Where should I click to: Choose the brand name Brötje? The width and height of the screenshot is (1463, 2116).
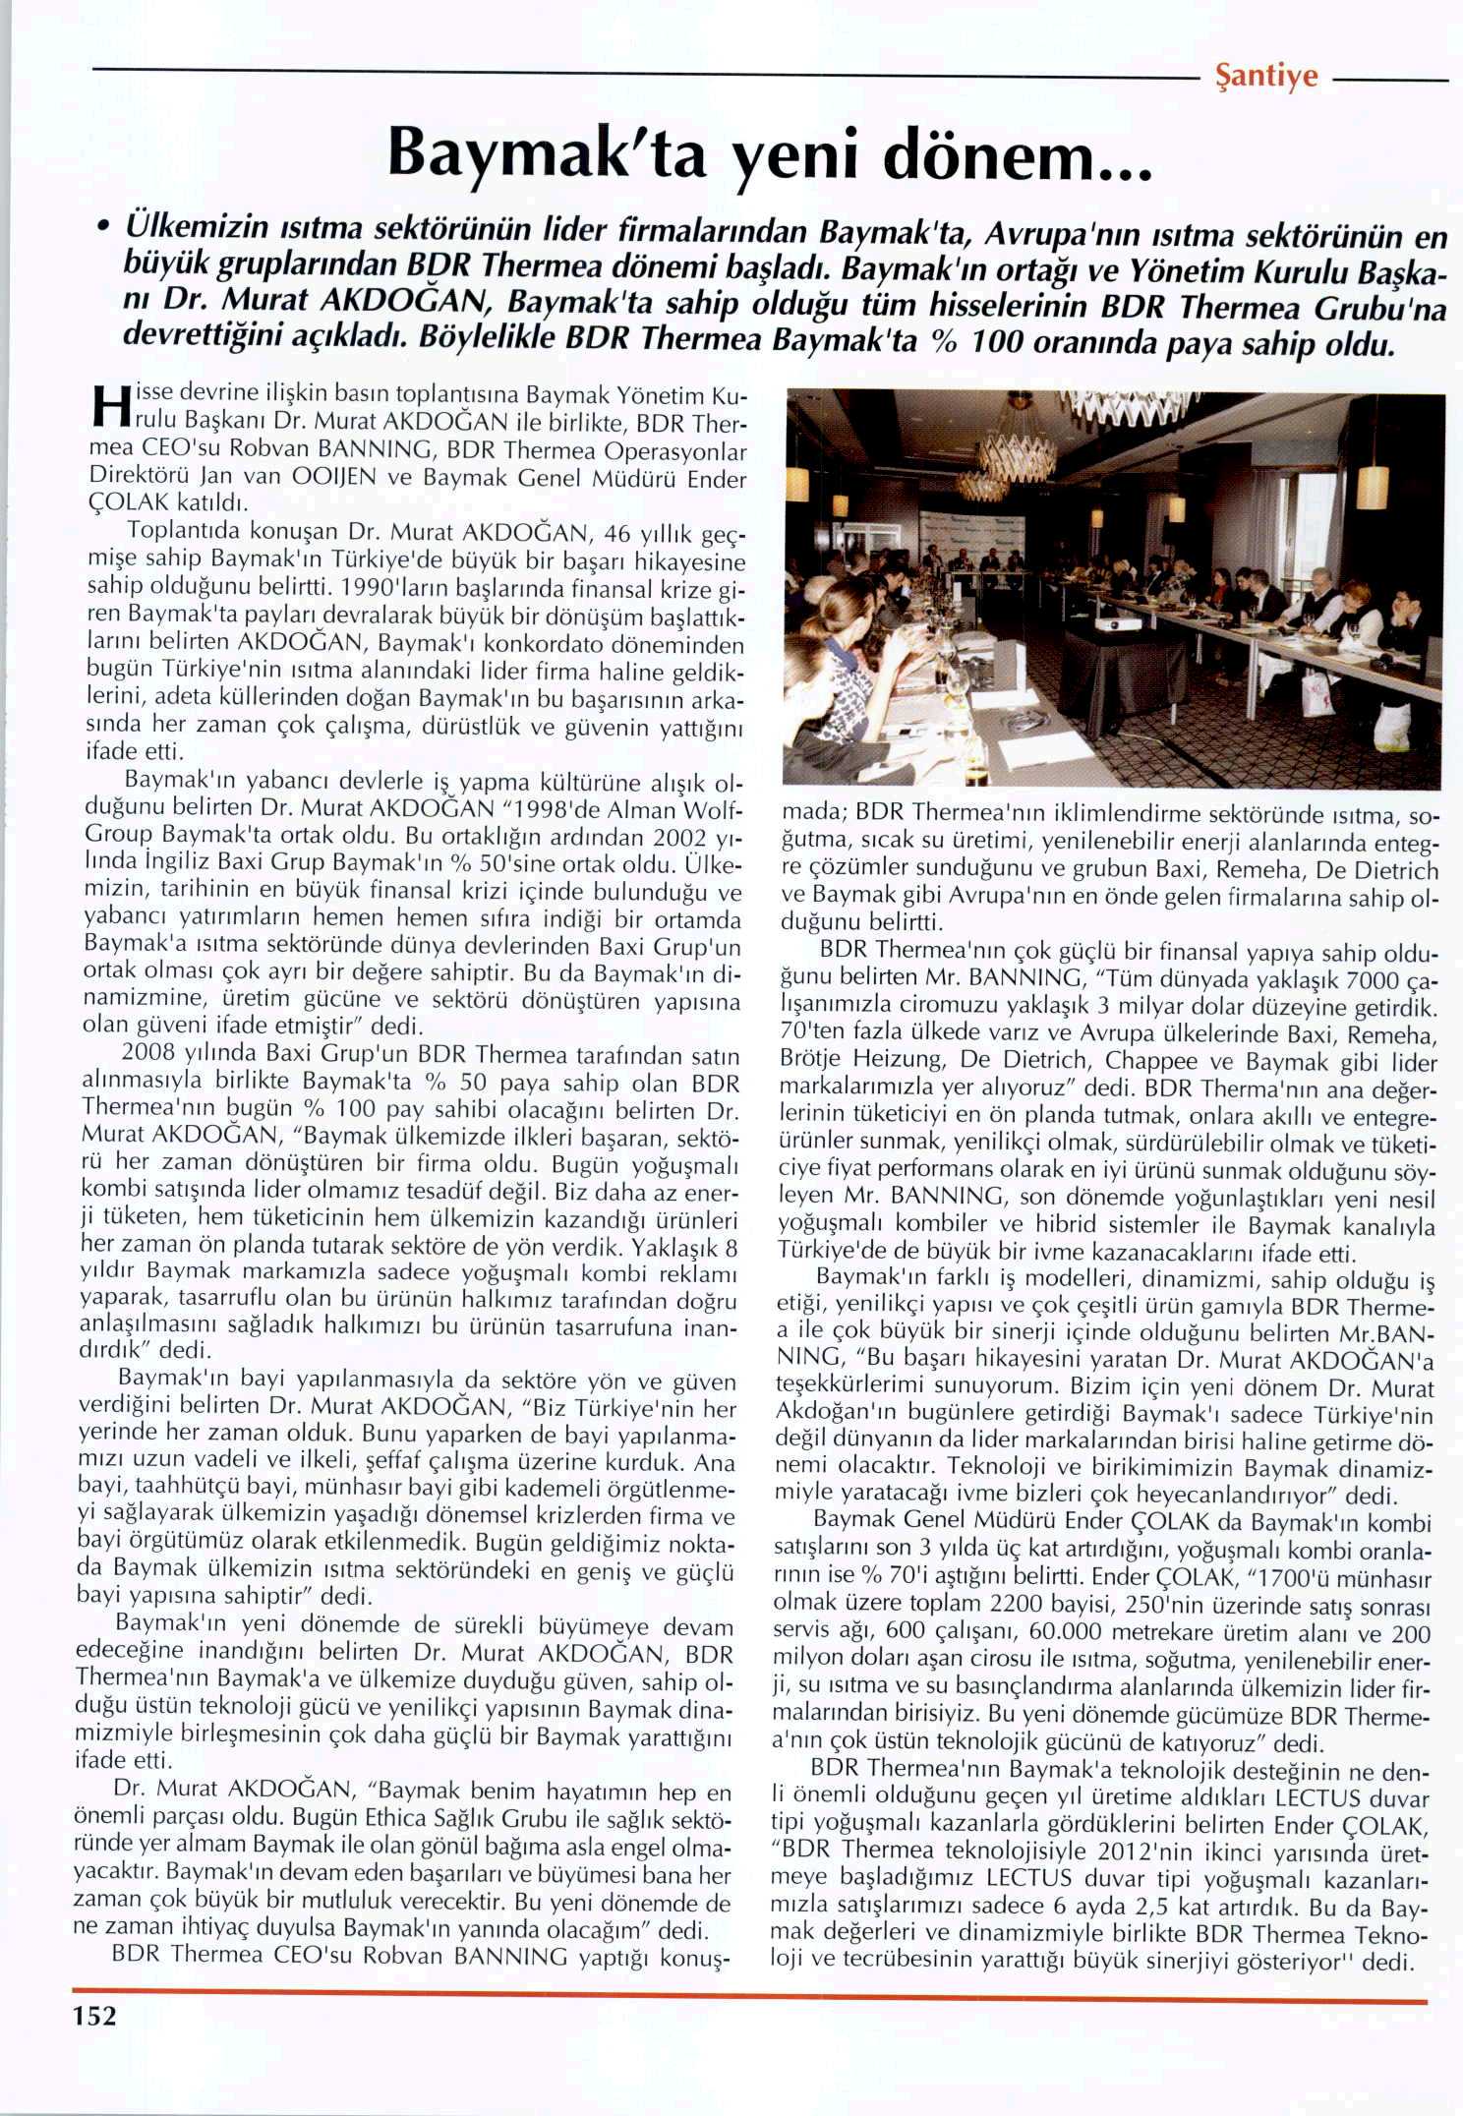pos(817,1062)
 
